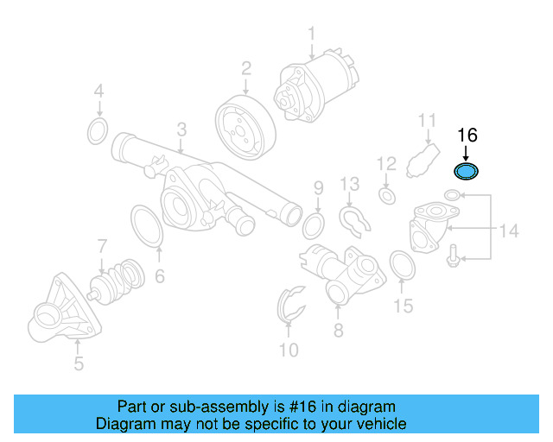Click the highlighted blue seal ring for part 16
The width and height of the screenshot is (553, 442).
click(x=467, y=172)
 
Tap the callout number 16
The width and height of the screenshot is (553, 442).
click(x=467, y=136)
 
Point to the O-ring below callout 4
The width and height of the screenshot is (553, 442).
click(x=99, y=132)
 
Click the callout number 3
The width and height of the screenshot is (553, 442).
click(x=181, y=129)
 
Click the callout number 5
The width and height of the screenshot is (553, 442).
click(x=79, y=363)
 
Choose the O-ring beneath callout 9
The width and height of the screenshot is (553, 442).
click(x=315, y=227)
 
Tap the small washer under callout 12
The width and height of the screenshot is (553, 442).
click(x=387, y=198)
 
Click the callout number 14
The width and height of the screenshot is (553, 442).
click(x=509, y=230)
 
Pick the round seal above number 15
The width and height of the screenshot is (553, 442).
click(x=402, y=265)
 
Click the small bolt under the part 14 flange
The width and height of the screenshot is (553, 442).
click(x=453, y=256)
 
